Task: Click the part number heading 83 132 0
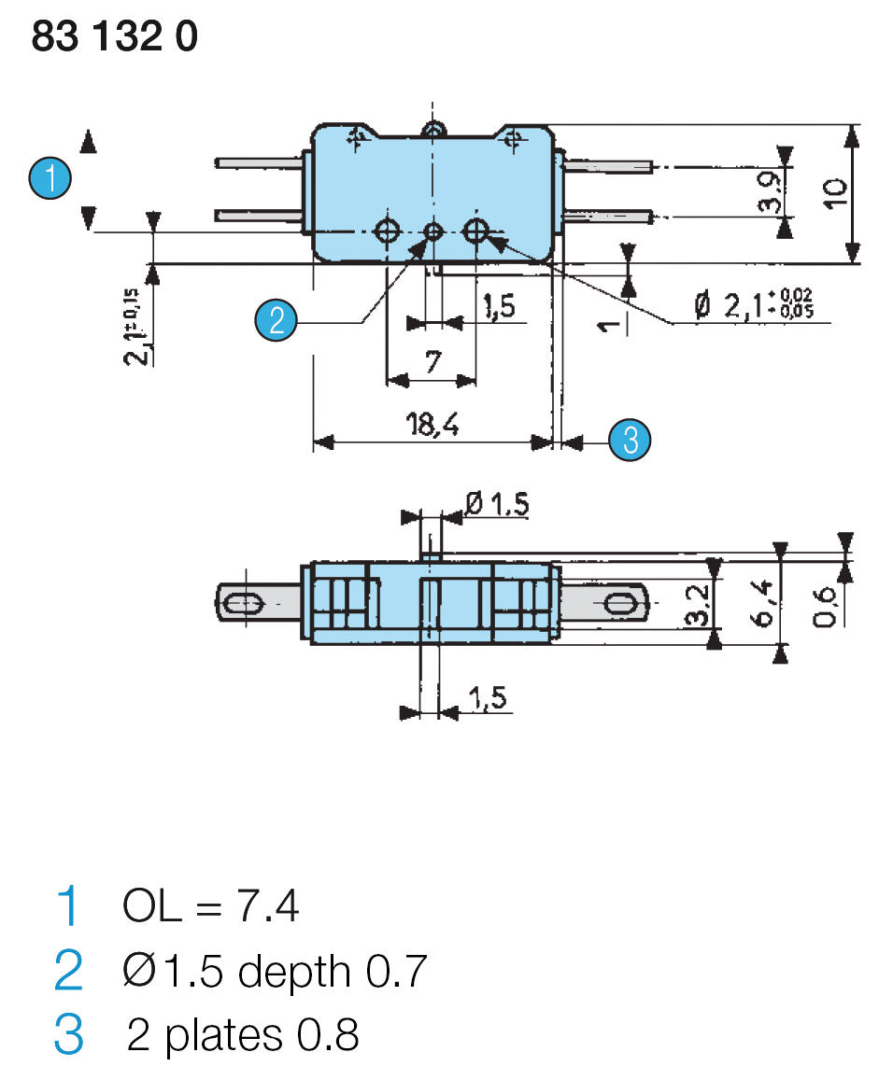tap(114, 36)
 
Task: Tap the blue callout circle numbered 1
tap(50, 177)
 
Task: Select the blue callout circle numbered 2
tap(276, 320)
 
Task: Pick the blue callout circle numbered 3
tap(630, 439)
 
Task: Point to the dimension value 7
tap(432, 363)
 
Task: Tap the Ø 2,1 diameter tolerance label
tap(753, 305)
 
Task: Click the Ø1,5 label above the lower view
tap(496, 504)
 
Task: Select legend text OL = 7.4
tap(210, 905)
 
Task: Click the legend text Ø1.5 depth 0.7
tap(273, 972)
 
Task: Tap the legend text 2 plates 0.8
tap(242, 1035)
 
